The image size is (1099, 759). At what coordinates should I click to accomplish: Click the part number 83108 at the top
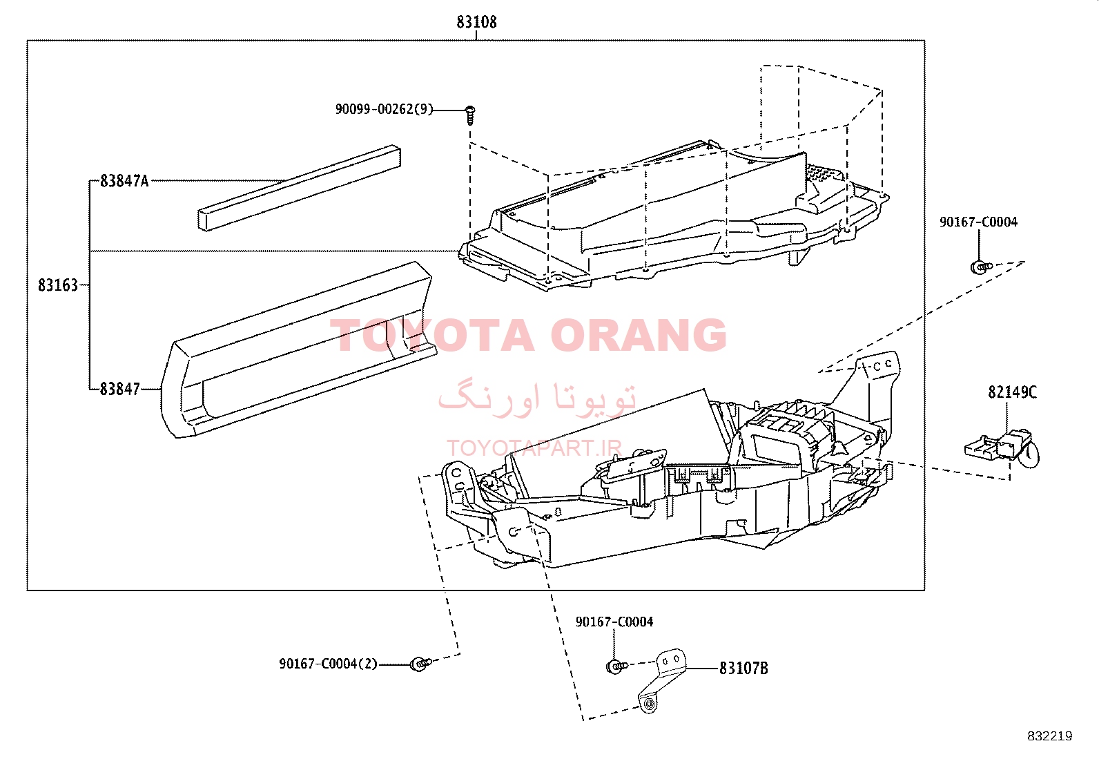(x=476, y=22)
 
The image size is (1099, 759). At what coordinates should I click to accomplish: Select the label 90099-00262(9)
(x=384, y=109)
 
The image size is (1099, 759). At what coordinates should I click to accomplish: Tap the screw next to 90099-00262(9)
(x=470, y=115)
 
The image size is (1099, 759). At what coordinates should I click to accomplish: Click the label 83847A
(x=124, y=181)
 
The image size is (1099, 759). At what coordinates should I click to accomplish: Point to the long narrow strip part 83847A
(x=300, y=188)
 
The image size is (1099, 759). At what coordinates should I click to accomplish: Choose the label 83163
(x=58, y=285)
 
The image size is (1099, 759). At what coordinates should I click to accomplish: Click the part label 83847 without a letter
(x=119, y=390)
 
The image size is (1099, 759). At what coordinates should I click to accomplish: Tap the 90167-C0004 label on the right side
(x=978, y=222)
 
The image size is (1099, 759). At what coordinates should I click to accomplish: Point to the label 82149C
(x=1012, y=392)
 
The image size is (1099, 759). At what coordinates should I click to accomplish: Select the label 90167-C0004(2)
(x=328, y=664)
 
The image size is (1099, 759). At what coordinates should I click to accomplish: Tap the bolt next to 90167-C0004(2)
(x=420, y=664)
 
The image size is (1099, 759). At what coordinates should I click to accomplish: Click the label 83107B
(x=743, y=668)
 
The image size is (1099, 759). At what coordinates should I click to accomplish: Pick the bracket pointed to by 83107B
(x=662, y=680)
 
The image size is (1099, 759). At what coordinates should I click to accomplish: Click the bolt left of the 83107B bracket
(x=616, y=666)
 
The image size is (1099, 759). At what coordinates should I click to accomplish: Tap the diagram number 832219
(x=1050, y=736)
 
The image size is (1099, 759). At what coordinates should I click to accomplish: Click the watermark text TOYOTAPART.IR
(x=534, y=448)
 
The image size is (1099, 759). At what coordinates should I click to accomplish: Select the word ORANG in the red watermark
(x=639, y=335)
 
